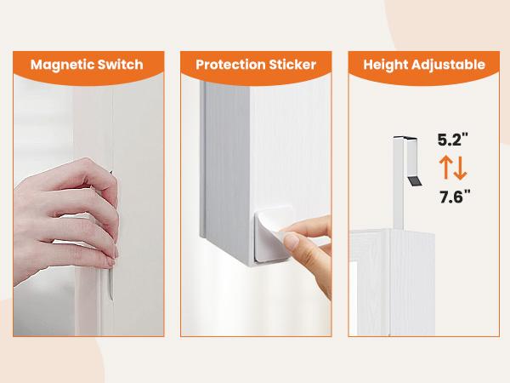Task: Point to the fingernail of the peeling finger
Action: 292,243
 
